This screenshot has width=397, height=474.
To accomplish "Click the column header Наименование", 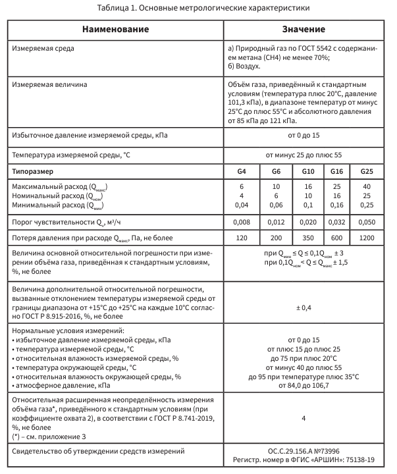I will tap(115, 30).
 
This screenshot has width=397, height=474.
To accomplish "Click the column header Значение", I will tap(304, 30).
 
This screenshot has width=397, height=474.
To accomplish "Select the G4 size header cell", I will tap(242, 171).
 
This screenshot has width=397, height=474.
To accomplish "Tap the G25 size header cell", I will tap(367, 171).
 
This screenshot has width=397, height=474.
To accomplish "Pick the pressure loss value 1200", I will tap(367, 236).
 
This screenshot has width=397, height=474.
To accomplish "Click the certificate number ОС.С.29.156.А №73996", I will tap(304, 451).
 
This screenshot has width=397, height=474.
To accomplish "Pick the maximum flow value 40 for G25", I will tap(367, 188).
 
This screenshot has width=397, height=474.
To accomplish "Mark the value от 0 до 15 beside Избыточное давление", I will tap(304, 135).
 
